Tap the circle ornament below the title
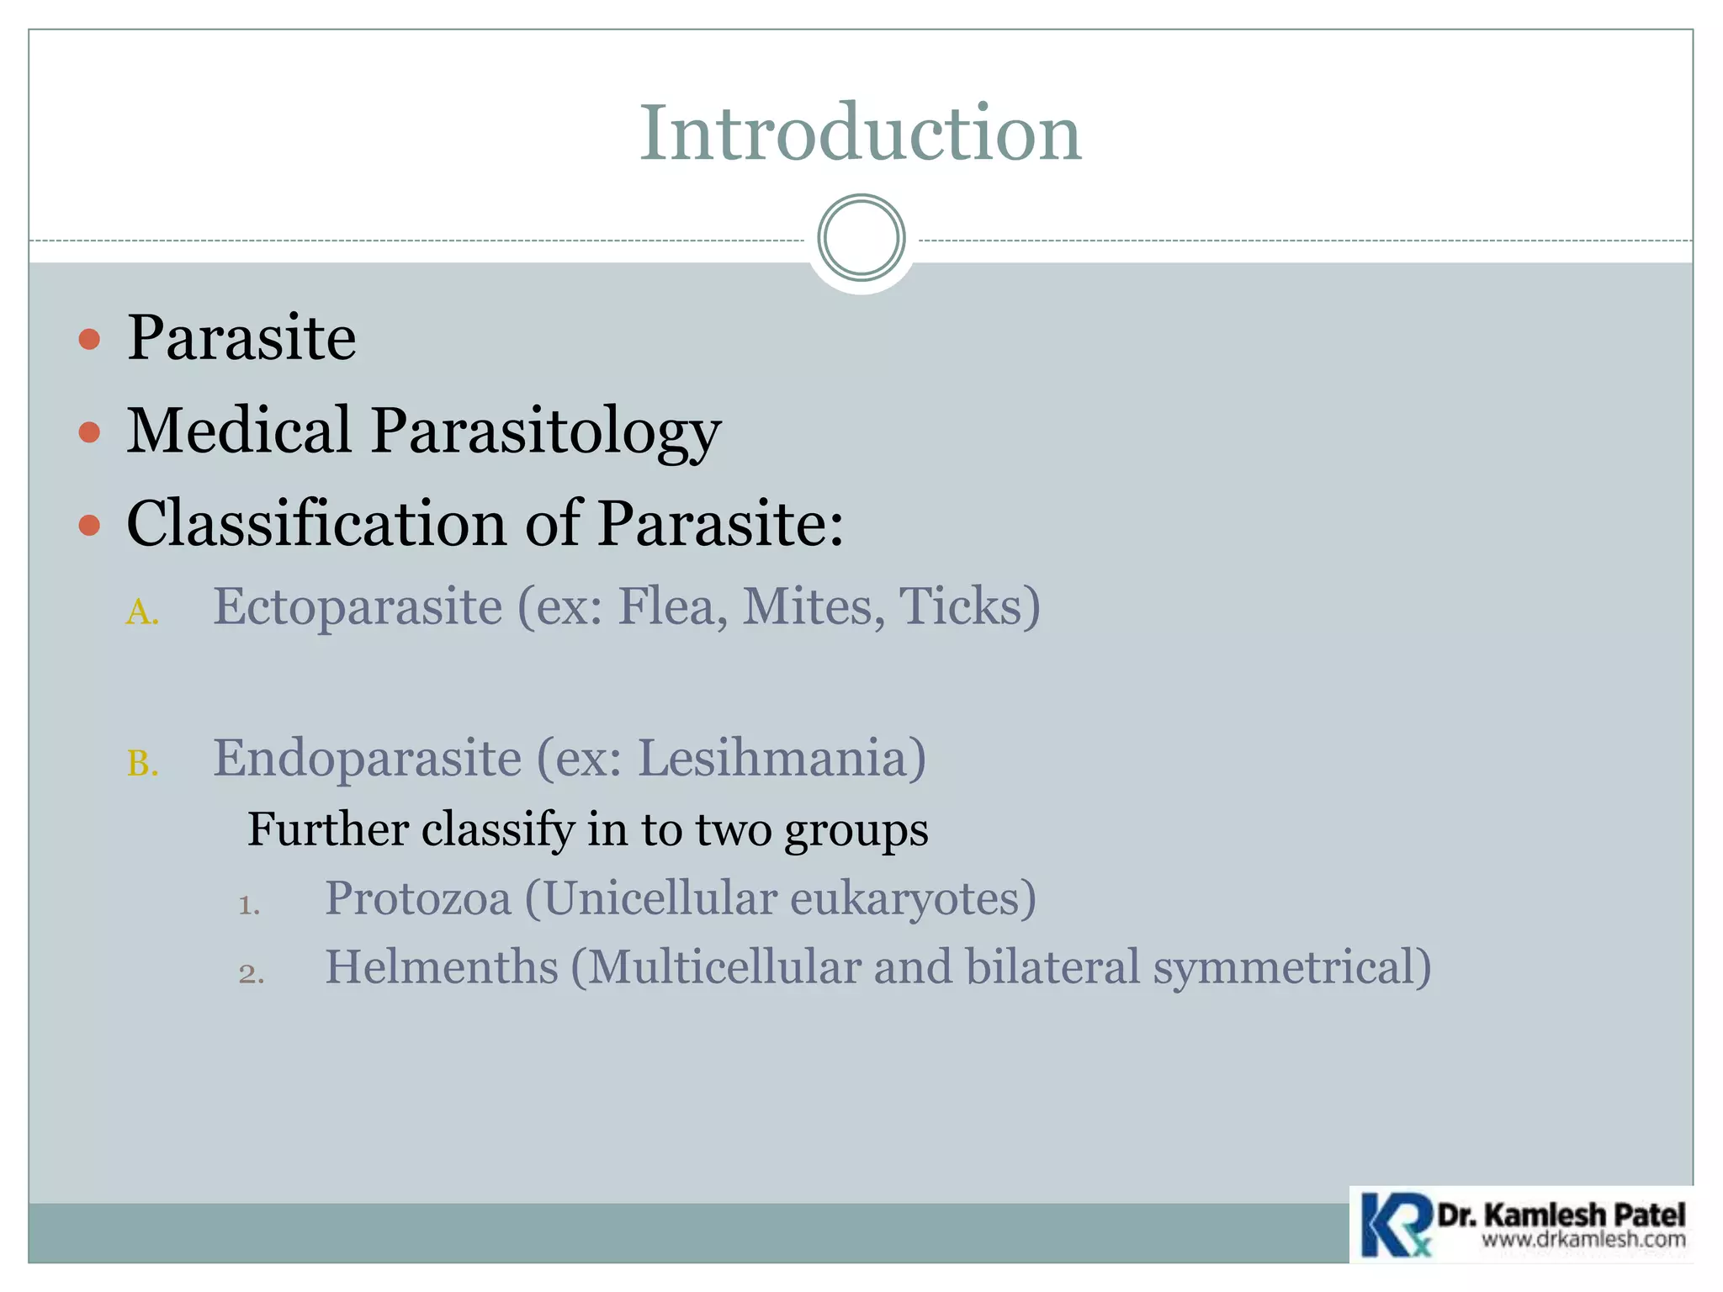click(861, 238)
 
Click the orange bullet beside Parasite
click(89, 340)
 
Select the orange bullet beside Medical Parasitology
click(89, 432)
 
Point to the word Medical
click(239, 430)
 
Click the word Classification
click(316, 523)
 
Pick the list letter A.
click(141, 612)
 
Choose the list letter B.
click(141, 764)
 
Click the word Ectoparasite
click(358, 606)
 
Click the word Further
click(328, 829)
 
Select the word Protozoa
click(418, 898)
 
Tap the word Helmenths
click(442, 966)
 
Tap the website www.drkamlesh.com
click(1583, 1240)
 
